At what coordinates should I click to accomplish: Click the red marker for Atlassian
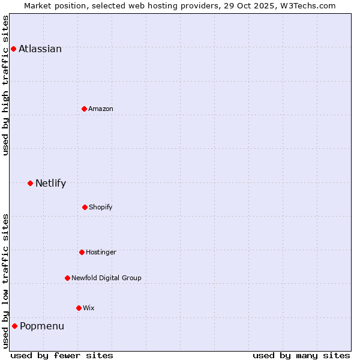[x=13, y=49]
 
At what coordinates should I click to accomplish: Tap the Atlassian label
[x=40, y=49]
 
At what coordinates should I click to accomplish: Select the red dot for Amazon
[x=84, y=109]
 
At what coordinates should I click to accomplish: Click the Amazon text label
[x=101, y=109]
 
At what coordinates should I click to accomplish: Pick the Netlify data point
[x=30, y=183]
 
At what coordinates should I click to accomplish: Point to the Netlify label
[x=50, y=184]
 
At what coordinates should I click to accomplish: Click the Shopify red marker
[x=85, y=207]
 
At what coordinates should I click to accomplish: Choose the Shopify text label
[x=101, y=208]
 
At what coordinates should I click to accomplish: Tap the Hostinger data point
[x=82, y=252]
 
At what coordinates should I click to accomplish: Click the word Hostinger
[x=101, y=253]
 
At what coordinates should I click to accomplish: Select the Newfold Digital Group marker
[x=67, y=278]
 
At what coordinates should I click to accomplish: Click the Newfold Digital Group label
[x=106, y=278]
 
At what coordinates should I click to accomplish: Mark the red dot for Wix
[x=79, y=308]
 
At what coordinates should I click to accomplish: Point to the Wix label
[x=89, y=308]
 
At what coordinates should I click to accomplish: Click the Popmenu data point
[x=14, y=326]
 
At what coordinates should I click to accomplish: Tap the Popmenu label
[x=42, y=326]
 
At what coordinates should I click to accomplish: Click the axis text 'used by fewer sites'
[x=62, y=355]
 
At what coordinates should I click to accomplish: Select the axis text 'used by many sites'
[x=301, y=355]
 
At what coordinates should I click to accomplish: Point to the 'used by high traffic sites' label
[x=5, y=85]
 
